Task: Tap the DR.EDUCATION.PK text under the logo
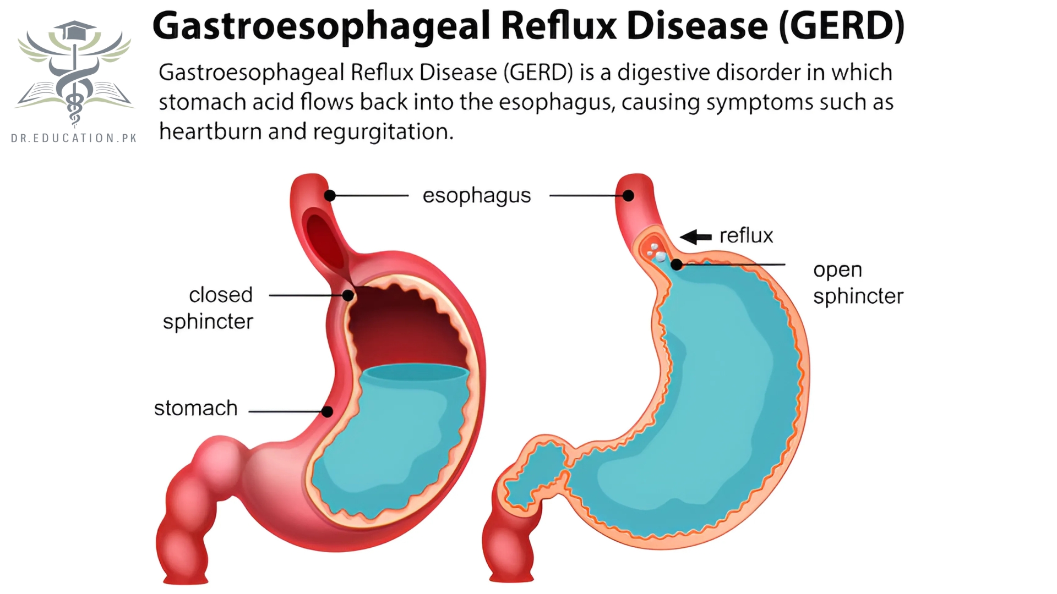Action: [x=74, y=138]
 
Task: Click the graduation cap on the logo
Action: [x=74, y=30]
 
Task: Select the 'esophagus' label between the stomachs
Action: [x=476, y=196]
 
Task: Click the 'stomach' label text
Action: [x=195, y=408]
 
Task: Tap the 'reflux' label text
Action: [x=746, y=236]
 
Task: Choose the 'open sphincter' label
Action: [x=858, y=283]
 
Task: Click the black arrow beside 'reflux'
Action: [x=696, y=237]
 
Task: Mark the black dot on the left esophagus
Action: [x=330, y=195]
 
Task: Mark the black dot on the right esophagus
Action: [x=628, y=195]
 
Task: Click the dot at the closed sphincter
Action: [x=348, y=295]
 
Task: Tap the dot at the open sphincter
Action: [x=677, y=265]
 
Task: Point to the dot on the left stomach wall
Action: [x=328, y=411]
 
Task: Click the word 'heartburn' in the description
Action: [x=210, y=131]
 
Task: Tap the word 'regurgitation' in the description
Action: [x=383, y=132]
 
